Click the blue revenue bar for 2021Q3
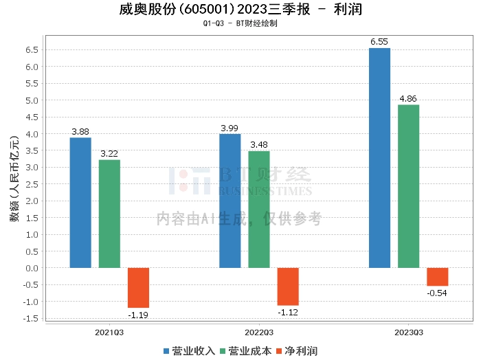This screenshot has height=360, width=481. (80, 203)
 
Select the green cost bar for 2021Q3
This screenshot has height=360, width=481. (109, 214)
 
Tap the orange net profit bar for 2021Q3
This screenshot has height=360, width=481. (138, 287)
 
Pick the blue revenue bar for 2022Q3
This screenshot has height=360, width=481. (230, 201)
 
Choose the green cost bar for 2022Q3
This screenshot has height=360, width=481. (259, 210)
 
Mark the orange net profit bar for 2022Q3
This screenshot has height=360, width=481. (288, 286)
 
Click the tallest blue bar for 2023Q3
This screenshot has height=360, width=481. (379, 158)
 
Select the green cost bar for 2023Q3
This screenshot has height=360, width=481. (408, 186)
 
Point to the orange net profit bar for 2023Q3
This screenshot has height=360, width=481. (437, 276)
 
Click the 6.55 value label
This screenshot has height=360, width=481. (379, 42)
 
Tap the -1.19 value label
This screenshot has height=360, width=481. (138, 315)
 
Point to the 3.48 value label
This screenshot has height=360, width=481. (259, 145)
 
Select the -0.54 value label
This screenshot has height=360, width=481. (437, 293)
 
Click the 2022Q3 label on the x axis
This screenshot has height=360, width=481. (259, 332)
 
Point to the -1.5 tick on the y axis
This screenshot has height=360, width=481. (31, 318)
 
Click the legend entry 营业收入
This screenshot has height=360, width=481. (190, 350)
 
